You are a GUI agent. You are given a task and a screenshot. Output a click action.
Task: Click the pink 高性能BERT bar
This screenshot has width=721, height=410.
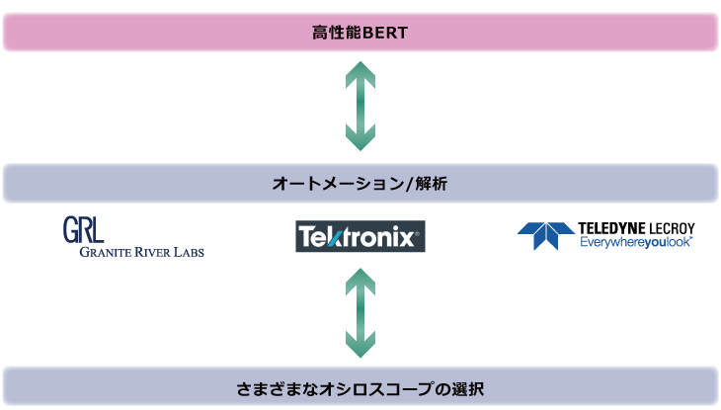360,33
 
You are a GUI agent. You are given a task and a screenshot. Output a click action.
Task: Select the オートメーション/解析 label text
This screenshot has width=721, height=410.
360,184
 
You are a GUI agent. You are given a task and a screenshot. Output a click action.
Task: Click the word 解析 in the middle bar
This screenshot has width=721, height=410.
432,184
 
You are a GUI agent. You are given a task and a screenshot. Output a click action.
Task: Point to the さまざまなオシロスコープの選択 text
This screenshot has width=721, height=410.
360,389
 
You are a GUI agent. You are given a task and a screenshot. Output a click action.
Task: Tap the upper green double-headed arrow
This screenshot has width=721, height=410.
360,106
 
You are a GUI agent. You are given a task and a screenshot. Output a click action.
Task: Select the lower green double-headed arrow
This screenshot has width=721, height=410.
360,313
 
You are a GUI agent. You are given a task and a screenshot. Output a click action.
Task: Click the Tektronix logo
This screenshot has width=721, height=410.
360,236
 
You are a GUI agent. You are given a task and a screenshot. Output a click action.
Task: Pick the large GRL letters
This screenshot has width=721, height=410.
83,229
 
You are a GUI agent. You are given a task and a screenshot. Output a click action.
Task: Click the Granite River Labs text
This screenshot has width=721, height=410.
141,252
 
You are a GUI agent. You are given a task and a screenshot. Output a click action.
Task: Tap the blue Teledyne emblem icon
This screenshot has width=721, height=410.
546,236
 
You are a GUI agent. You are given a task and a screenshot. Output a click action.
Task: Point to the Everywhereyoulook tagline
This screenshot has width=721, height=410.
636,242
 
